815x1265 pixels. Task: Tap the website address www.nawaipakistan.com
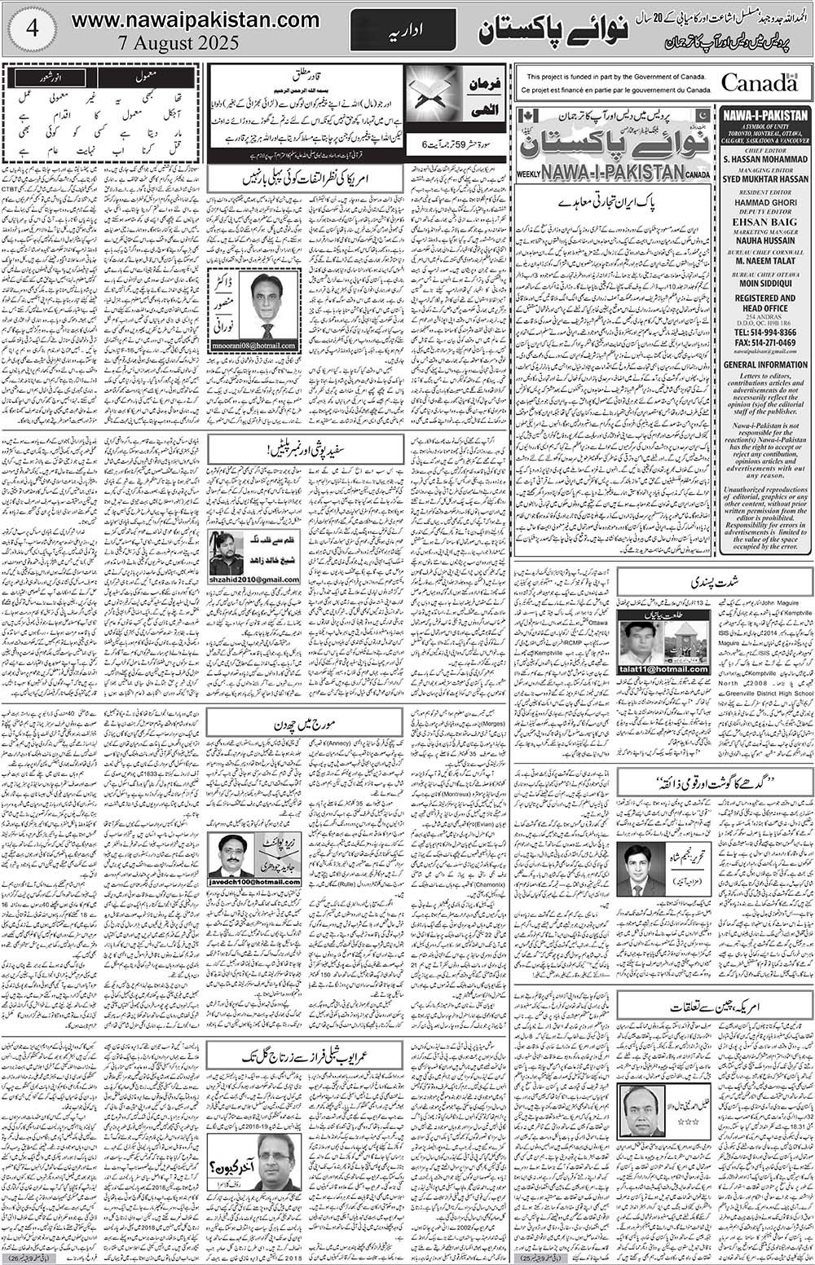pos(195,20)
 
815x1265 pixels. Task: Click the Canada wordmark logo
pos(759,82)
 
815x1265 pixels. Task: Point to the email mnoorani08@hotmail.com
pos(254,346)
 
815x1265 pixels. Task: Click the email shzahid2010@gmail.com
pos(254,580)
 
